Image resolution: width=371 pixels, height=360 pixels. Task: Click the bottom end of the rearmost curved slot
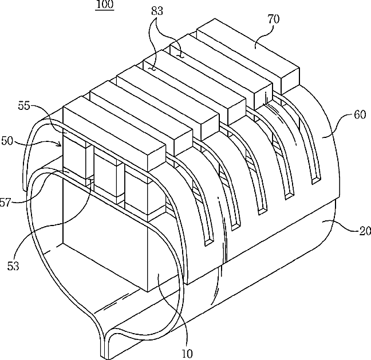tap(315, 180)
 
